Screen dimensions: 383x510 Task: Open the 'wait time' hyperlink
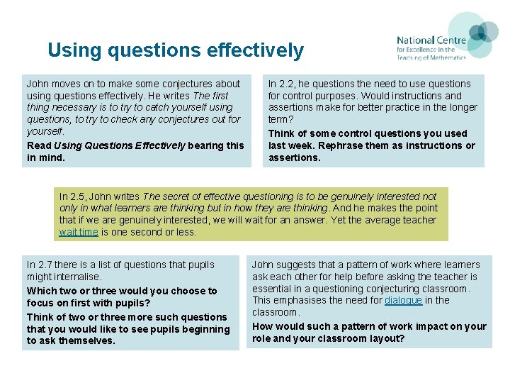point(79,232)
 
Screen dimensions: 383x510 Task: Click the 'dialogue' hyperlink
point(403,301)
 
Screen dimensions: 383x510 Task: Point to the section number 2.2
point(288,84)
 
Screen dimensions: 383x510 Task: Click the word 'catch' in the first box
point(156,108)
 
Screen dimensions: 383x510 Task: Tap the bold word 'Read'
point(39,145)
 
